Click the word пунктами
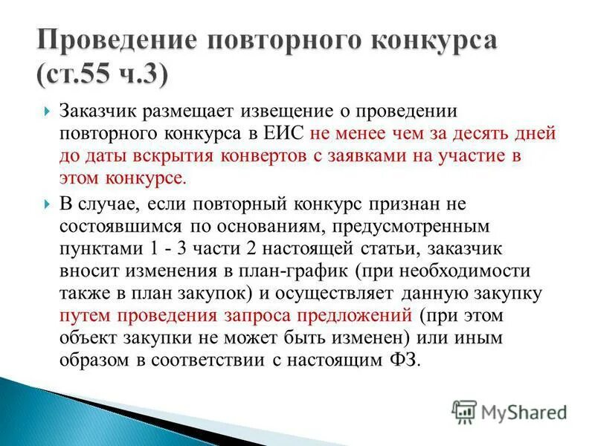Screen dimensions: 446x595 (x=93, y=248)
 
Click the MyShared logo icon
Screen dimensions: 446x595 (x=464, y=411)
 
